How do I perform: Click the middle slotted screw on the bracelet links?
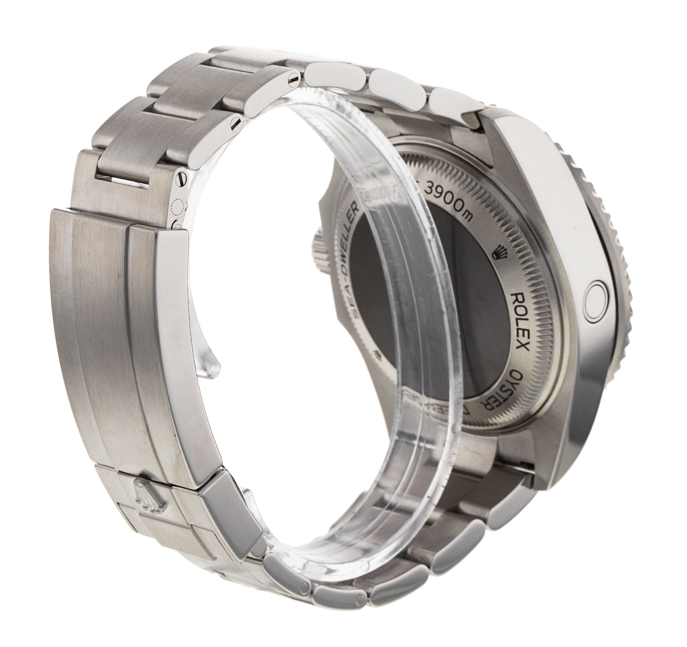[236, 126]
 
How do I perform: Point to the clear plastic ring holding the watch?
[415, 397]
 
